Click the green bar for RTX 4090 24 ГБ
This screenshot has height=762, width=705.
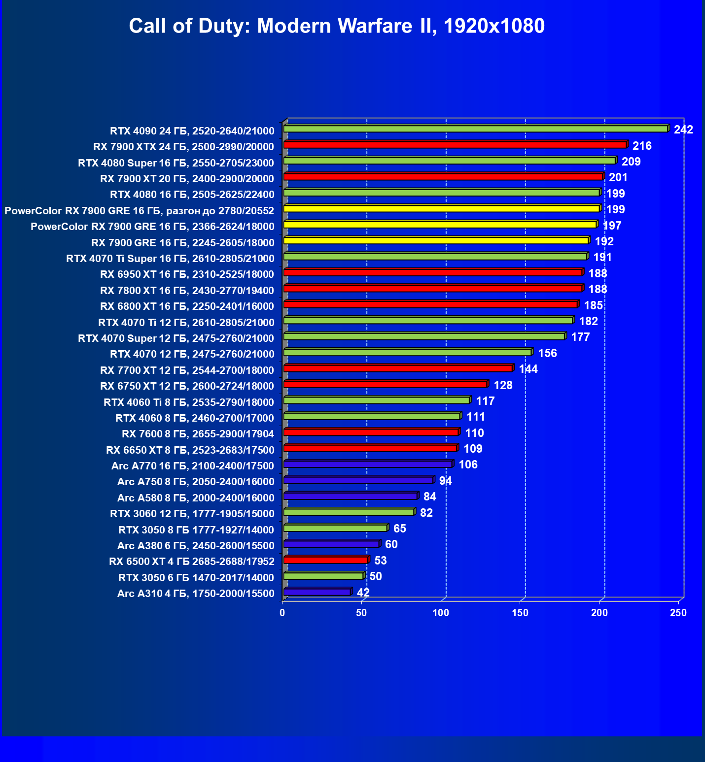click(476, 129)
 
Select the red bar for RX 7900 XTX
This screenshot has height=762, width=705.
click(455, 145)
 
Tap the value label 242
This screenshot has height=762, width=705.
click(683, 130)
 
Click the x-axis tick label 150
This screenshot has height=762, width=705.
click(520, 613)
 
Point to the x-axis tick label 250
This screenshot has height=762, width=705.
click(678, 613)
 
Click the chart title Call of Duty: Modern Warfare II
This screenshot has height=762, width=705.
click(337, 26)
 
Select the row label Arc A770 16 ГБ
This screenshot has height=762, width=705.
click(193, 466)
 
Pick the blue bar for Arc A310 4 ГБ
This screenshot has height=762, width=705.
click(317, 592)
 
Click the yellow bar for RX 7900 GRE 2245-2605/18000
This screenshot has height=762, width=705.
click(436, 240)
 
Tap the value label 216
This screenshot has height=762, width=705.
click(642, 146)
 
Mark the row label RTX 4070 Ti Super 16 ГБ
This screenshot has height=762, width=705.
click(170, 259)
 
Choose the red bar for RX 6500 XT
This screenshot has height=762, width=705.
click(326, 560)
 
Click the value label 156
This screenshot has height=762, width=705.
click(547, 353)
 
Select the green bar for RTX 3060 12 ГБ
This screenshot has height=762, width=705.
click(349, 512)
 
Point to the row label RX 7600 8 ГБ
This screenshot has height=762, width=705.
click(198, 434)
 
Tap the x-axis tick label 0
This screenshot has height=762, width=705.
click(282, 613)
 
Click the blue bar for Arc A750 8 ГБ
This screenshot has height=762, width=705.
click(358, 480)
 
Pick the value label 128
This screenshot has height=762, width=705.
click(503, 385)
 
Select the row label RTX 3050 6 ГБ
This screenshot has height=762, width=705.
click(196, 578)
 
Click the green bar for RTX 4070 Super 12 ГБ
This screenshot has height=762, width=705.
click(424, 336)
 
